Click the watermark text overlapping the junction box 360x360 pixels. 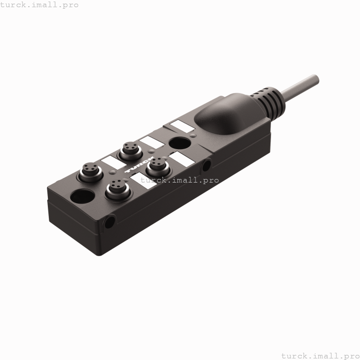pyautogui.click(x=179, y=180)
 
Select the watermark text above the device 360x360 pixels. pyautogui.click(x=40, y=5)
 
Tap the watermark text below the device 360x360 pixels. pyautogui.click(x=319, y=355)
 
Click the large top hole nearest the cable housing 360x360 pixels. pyautogui.click(x=179, y=143)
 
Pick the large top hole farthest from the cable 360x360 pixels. pyautogui.click(x=82, y=196)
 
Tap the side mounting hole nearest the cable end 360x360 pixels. pyautogui.click(x=206, y=165)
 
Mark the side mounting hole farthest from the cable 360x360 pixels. pyautogui.click(x=110, y=222)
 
